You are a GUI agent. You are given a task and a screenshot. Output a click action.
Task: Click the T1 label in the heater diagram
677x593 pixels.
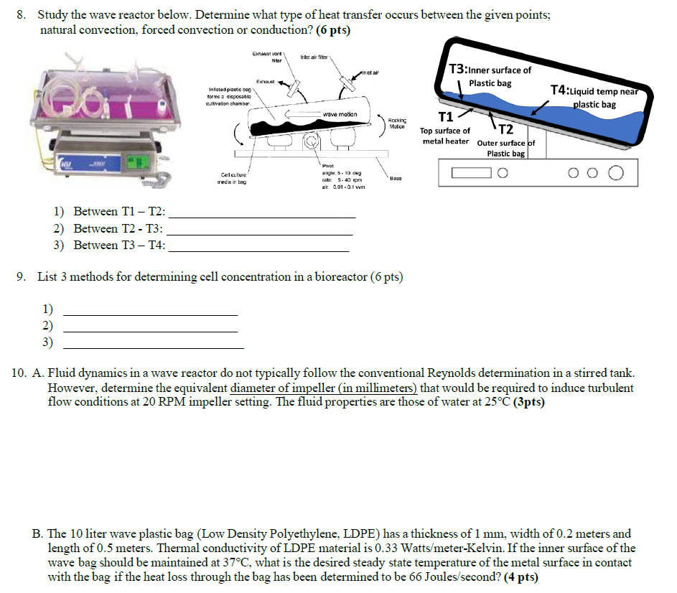(x=445, y=117)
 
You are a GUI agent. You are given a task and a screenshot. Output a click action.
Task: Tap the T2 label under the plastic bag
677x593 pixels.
(x=505, y=129)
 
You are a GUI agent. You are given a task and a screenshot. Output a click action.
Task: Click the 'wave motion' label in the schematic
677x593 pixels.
(x=341, y=114)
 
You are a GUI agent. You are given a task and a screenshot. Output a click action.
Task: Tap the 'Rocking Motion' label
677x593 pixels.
(x=397, y=123)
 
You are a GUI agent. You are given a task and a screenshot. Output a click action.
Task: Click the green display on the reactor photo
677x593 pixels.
(x=134, y=167)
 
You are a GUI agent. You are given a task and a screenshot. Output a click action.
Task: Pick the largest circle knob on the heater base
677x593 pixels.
(x=615, y=172)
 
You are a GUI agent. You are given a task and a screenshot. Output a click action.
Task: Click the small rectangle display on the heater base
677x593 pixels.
(x=471, y=172)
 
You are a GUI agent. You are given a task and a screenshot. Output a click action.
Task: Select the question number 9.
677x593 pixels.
(x=22, y=277)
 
